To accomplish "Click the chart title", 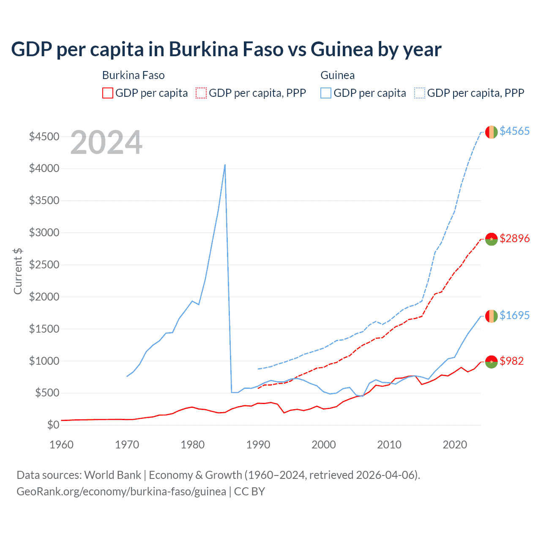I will (226, 49).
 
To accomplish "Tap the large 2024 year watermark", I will (106, 142).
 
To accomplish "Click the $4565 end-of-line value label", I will (514, 131).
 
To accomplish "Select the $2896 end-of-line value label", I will (514, 238).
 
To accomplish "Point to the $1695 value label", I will (514, 315).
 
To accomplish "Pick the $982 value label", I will (511, 361).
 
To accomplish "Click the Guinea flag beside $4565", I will (491, 132).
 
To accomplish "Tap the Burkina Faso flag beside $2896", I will (491, 239).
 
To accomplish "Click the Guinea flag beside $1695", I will (491, 316).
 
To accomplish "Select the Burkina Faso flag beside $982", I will (491, 361).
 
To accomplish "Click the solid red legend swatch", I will (108, 93).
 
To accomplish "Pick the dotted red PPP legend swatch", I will (201, 93).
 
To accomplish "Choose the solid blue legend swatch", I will (326, 93).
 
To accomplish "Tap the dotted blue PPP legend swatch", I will (420, 93).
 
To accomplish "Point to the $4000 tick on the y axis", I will (44, 169).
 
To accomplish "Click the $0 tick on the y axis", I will (53, 425).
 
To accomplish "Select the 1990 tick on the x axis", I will (258, 445).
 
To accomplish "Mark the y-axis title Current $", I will (18, 271).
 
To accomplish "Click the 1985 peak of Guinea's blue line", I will (225, 165).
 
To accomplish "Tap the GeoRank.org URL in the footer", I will (121, 492).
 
